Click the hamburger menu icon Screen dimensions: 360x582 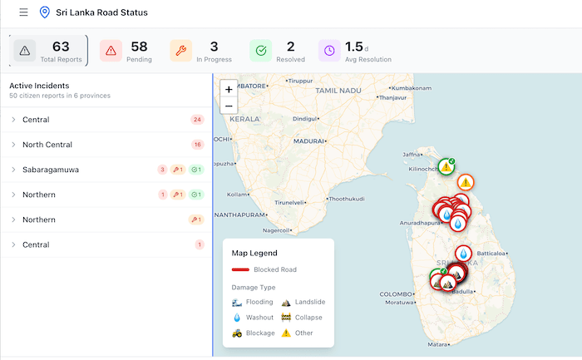coord(23,12)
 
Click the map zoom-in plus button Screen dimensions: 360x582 coord(229,88)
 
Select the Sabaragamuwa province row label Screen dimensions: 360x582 coord(51,170)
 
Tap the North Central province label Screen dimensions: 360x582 coord(48,145)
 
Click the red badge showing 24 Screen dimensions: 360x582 coord(197,120)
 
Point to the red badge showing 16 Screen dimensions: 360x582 coord(197,145)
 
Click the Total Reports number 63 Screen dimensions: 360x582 coord(61,47)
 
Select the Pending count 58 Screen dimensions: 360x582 coord(139,47)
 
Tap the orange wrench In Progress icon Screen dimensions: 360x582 coord(180,51)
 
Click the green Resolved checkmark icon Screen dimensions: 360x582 coord(260,51)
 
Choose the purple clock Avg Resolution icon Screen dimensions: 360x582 coord(330,51)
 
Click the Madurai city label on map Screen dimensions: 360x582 coord(308,141)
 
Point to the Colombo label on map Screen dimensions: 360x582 coord(396,294)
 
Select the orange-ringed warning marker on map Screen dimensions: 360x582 coord(466,182)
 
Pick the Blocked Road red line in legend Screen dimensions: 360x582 coord(240,269)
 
